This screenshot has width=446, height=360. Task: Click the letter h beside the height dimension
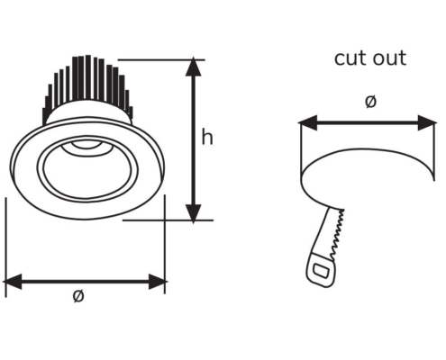(207, 137)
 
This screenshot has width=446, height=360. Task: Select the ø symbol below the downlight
(78, 296)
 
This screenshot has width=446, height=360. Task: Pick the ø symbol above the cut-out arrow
(370, 102)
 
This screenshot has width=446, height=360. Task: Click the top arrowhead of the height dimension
(194, 67)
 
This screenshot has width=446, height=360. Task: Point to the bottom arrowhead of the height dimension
(194, 213)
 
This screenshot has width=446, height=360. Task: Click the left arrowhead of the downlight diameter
(12, 282)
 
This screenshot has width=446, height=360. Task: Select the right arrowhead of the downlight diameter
(158, 282)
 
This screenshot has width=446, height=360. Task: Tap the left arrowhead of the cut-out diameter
(307, 122)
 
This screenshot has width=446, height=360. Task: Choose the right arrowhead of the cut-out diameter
(427, 122)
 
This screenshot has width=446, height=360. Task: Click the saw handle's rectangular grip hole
(321, 271)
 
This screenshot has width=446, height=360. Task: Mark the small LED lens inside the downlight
(86, 145)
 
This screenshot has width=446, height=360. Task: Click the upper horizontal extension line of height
(161, 60)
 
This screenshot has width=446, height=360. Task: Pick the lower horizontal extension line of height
(168, 220)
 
